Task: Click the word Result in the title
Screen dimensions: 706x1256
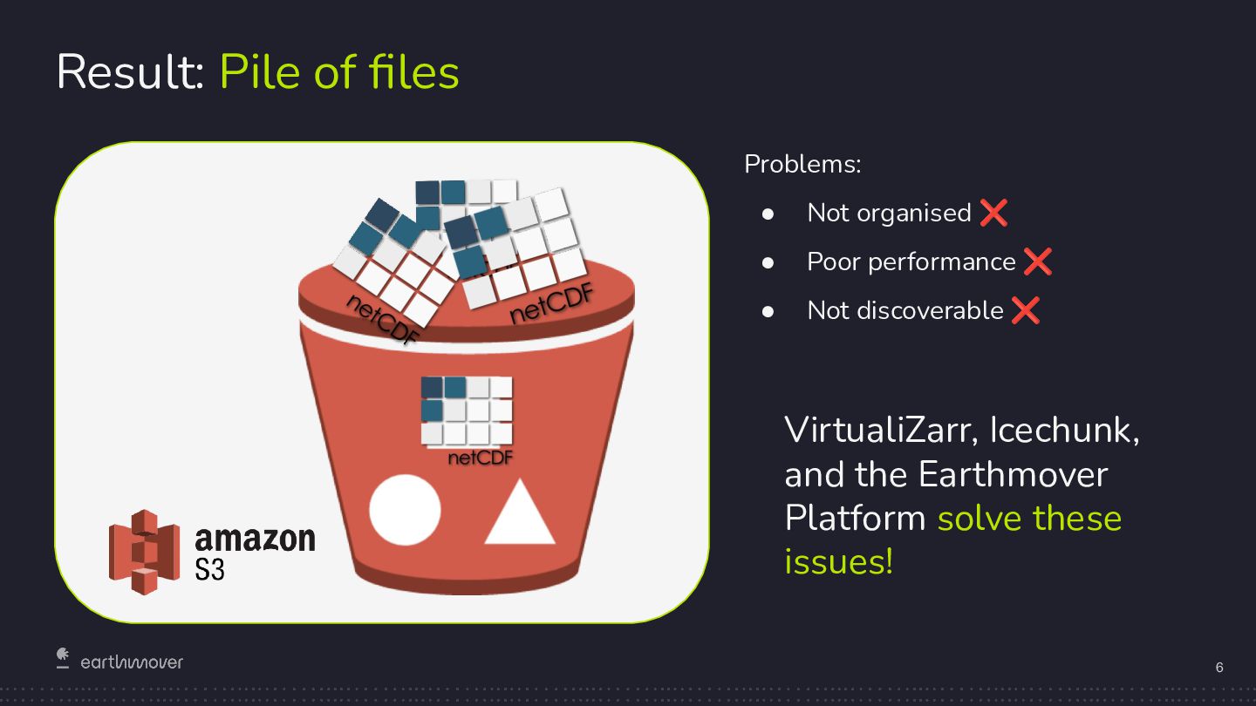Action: tap(129, 71)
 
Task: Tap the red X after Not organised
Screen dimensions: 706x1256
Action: tap(993, 212)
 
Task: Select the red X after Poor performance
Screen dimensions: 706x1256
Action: tap(1037, 261)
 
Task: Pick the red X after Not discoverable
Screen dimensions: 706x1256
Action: tap(1026, 309)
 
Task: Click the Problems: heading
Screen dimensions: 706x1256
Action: tap(802, 164)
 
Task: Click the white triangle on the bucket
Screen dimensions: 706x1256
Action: tap(520, 516)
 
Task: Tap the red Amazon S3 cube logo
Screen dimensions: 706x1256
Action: tap(144, 551)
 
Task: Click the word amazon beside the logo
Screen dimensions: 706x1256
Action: tap(255, 539)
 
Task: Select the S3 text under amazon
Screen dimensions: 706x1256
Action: tap(210, 570)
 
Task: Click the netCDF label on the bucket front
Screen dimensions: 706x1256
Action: tap(480, 458)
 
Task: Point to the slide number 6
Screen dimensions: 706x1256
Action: tap(1219, 668)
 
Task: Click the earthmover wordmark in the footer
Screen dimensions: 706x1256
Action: tap(132, 662)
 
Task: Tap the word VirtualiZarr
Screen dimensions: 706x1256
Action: tap(881, 431)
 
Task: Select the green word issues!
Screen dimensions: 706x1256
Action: tap(838, 561)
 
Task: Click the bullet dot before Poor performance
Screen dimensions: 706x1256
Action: tap(768, 261)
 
